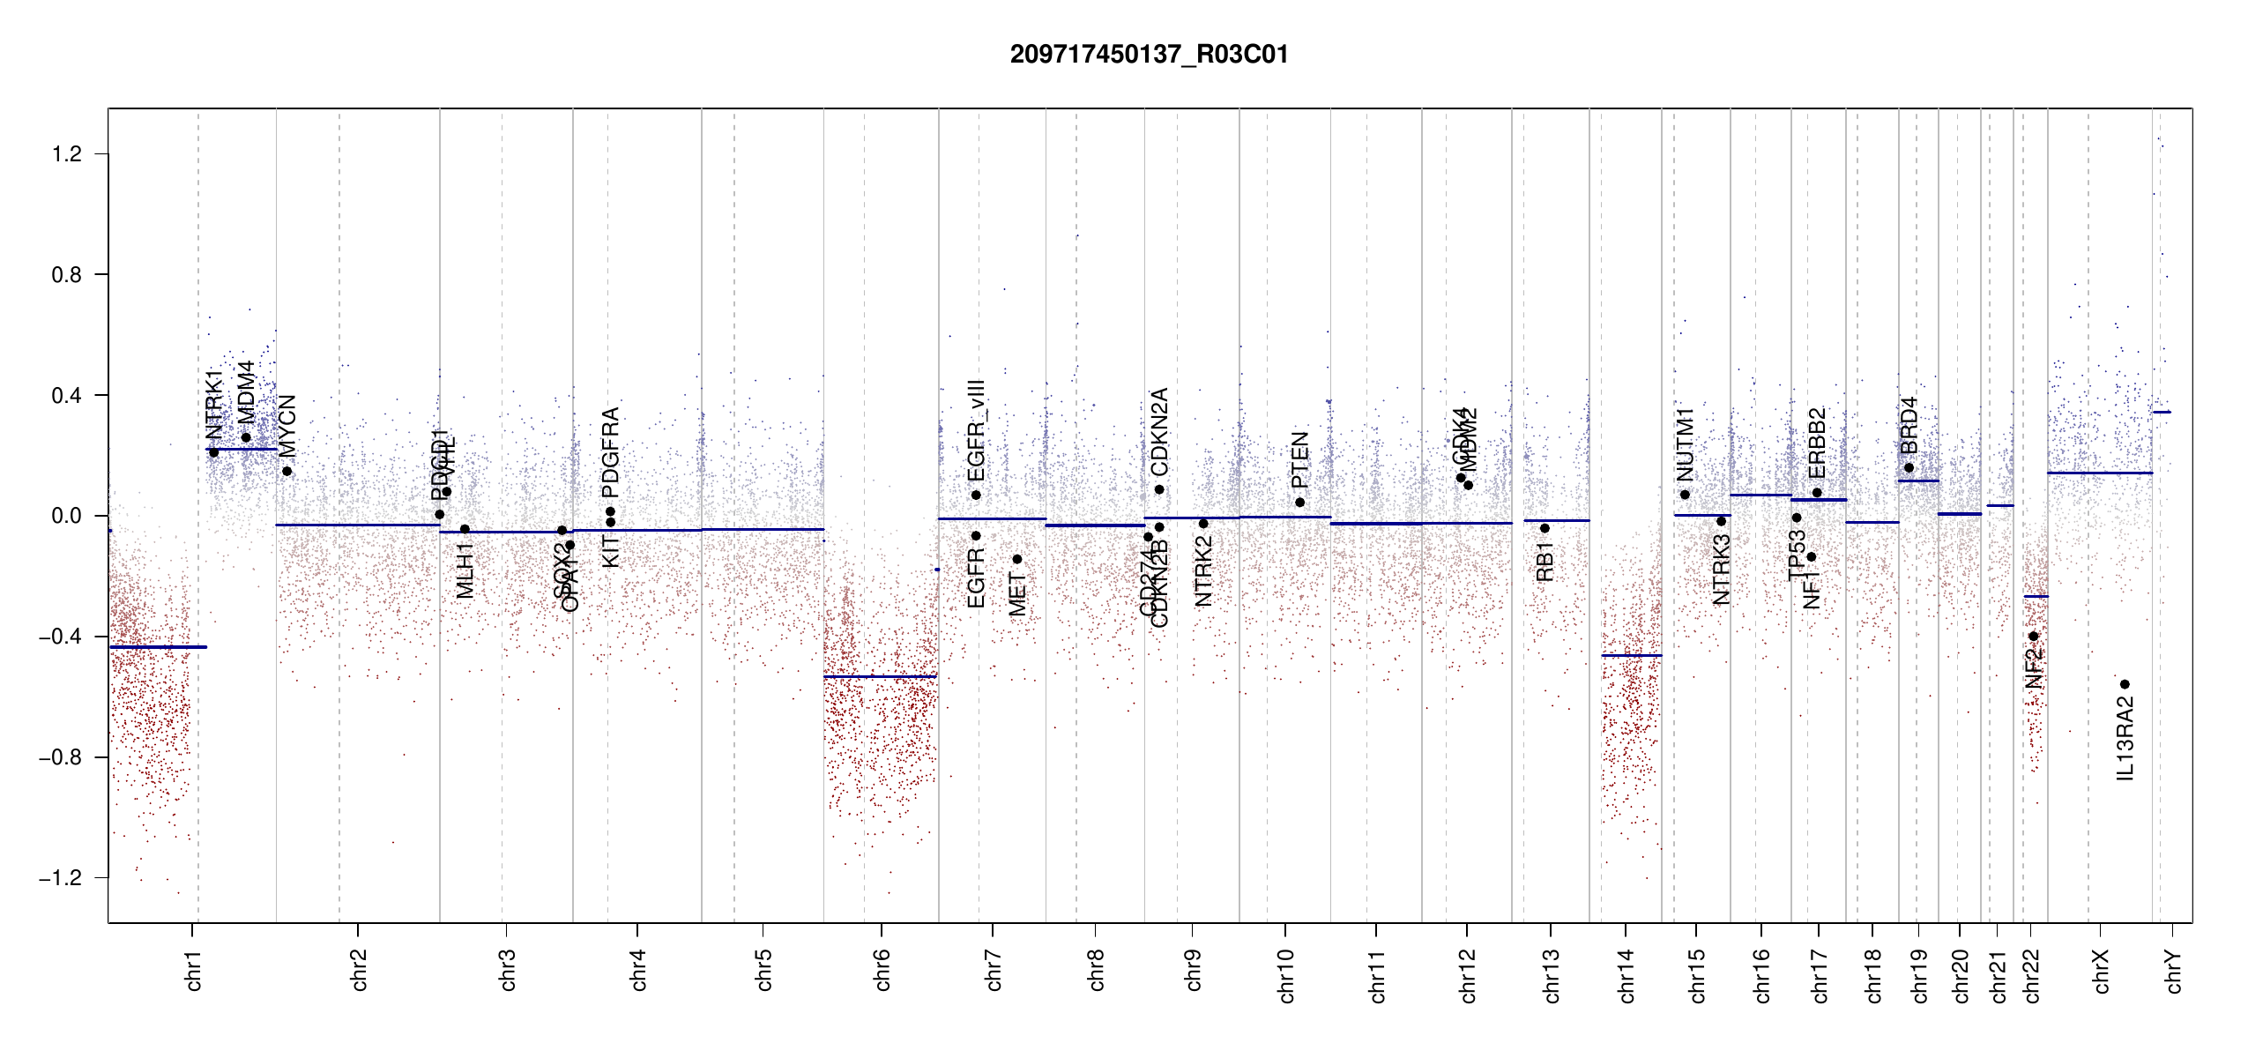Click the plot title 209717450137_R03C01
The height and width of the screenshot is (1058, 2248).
coord(1149,55)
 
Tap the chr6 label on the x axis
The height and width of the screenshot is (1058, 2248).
coord(882,970)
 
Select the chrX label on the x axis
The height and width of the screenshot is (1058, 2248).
coord(2102,972)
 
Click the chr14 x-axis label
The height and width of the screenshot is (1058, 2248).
coord(1626,975)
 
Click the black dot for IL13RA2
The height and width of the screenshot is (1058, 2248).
coord(2125,684)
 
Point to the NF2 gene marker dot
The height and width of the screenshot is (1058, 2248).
coord(2034,636)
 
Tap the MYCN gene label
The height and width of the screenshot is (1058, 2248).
coord(287,426)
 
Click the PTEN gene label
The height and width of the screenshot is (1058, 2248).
coord(1300,459)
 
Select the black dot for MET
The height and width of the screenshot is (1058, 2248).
coord(1017,559)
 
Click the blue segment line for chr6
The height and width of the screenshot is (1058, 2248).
coord(880,676)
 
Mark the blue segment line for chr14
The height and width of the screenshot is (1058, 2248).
coord(1631,655)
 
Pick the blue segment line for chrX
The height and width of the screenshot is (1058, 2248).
coord(2099,473)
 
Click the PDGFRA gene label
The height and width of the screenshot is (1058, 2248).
coord(610,453)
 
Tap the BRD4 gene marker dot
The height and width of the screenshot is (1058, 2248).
coord(1909,468)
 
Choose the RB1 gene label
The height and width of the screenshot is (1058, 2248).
coord(1545,562)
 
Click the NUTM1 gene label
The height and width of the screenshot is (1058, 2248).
coord(1686,445)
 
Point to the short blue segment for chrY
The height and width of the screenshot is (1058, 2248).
coord(2162,412)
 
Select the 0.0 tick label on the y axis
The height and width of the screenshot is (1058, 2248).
coord(66,516)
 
